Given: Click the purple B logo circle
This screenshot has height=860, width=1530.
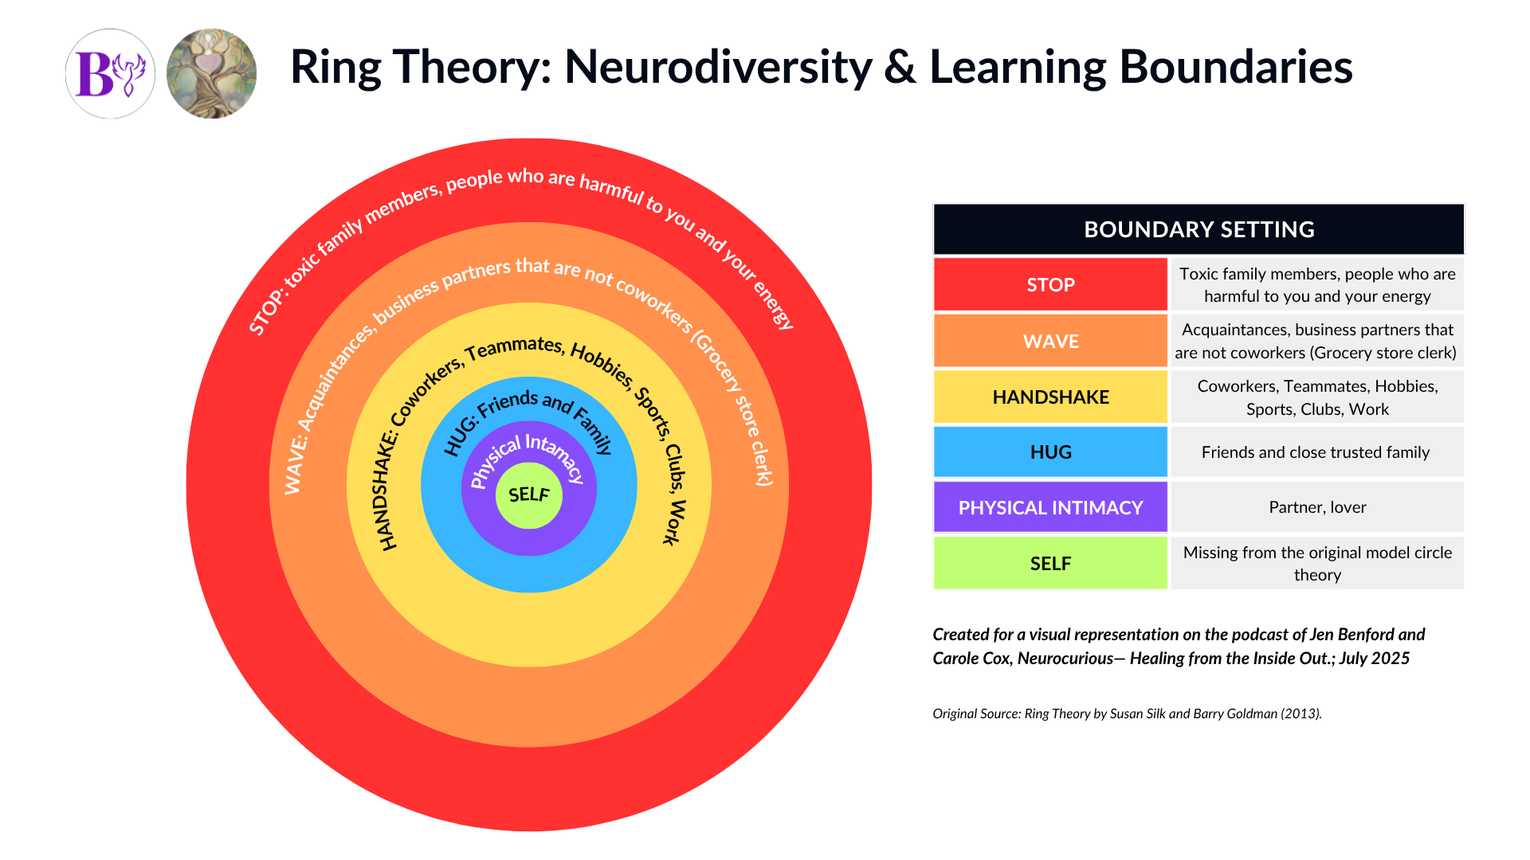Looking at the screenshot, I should coord(110,74).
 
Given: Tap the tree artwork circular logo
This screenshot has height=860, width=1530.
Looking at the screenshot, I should coord(211,74).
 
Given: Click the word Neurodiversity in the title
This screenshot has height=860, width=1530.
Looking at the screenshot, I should coord(718,67).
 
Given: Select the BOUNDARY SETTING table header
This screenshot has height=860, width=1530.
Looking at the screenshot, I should coord(1198,229).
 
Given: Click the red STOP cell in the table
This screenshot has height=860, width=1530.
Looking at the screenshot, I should coord(1050,284).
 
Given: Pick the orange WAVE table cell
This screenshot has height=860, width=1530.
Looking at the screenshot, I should coord(1050,341).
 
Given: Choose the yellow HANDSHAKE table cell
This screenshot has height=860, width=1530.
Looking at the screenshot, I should coord(1050,397).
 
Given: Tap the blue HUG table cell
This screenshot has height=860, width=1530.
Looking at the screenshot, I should coord(1050,452).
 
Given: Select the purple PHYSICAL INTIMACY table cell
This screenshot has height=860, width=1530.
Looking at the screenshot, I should coord(1050,507).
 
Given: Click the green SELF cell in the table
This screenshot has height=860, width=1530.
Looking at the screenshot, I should coord(1050,563).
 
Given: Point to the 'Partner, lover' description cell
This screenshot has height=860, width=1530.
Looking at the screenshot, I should coord(1317,507).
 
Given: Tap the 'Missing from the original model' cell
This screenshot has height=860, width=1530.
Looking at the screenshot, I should coord(1317,563).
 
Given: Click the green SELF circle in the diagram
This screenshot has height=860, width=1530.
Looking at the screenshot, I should coord(529,494).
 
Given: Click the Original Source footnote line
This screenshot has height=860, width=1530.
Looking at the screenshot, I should coord(1127,713).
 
